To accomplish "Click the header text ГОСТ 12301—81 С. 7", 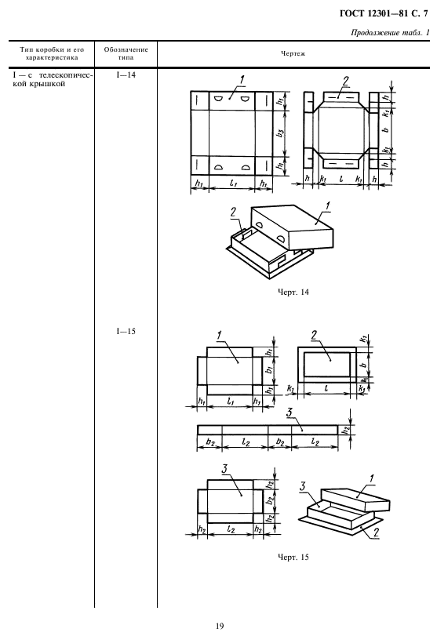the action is click(x=384, y=14).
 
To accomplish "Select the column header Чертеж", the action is click(x=293, y=53).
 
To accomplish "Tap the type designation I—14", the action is click(x=126, y=75).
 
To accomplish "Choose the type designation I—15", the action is click(x=126, y=332).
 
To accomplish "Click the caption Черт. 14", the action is click(x=293, y=292).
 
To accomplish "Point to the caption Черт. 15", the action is click(x=293, y=558).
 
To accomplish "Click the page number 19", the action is click(x=219, y=627).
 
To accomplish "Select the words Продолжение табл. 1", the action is click(x=390, y=33).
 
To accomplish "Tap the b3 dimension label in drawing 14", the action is click(x=280, y=133).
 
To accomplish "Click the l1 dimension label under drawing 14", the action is click(x=232, y=184).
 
